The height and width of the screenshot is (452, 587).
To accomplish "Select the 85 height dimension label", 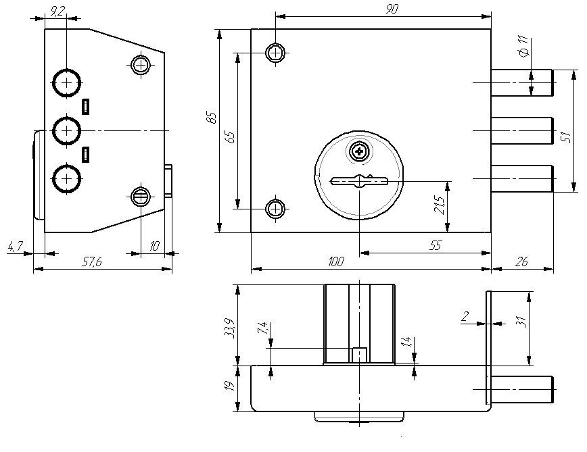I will [x=212, y=117].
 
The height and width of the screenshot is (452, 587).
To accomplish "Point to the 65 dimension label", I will [x=231, y=136].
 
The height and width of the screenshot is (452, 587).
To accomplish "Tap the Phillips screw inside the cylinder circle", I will [x=359, y=151].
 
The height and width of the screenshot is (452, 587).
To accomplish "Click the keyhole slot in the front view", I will [x=359, y=181].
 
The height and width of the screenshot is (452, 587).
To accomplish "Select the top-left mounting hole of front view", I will [x=275, y=52].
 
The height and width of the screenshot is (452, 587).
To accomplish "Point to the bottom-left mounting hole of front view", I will [x=275, y=208].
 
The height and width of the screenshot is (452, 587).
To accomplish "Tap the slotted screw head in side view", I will [x=140, y=197].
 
